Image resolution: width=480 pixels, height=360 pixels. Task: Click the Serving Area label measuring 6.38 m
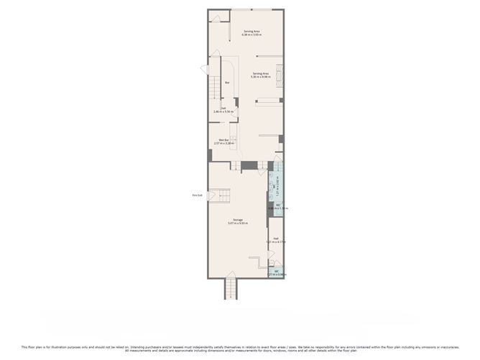pos(251,32)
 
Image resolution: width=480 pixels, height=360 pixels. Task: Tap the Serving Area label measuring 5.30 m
pos(260,73)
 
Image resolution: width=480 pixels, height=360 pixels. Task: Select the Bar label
pos(227,83)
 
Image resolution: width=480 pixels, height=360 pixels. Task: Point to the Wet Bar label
pos(223,139)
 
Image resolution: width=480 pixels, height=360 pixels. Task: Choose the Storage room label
pos(238,219)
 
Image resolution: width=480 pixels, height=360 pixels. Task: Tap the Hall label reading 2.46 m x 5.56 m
pos(223,109)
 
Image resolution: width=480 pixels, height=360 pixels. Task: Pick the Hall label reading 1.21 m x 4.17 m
pos(276,239)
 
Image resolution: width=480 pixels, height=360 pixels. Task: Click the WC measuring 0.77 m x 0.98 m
pos(276,272)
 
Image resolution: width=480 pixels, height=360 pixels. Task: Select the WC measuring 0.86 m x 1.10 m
pos(277,206)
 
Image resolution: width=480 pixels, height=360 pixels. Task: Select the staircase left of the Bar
pos(214,89)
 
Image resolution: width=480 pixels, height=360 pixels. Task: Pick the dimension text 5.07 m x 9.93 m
pos(238,223)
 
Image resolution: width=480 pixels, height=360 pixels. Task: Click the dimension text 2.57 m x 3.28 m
pos(223,143)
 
